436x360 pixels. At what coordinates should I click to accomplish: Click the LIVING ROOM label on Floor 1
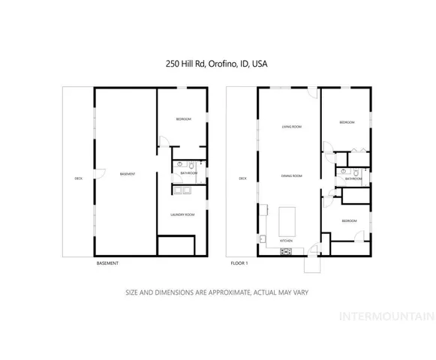point(292,127)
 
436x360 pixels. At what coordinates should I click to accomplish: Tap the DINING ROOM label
point(292,176)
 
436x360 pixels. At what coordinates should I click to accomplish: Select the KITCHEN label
point(286,240)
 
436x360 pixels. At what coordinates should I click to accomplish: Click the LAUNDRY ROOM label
point(184,215)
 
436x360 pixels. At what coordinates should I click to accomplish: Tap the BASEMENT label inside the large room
point(128,175)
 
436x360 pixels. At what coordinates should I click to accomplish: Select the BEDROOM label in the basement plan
point(184,120)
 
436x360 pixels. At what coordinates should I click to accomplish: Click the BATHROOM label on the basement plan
point(188,173)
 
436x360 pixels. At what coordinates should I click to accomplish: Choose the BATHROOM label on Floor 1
point(352,179)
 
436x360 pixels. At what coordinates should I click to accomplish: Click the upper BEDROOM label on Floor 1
point(346,122)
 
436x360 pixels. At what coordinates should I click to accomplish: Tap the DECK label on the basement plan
point(79,178)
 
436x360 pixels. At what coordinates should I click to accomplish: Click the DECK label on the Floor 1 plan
point(242,178)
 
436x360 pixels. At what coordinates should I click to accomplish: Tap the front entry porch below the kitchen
point(311,263)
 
